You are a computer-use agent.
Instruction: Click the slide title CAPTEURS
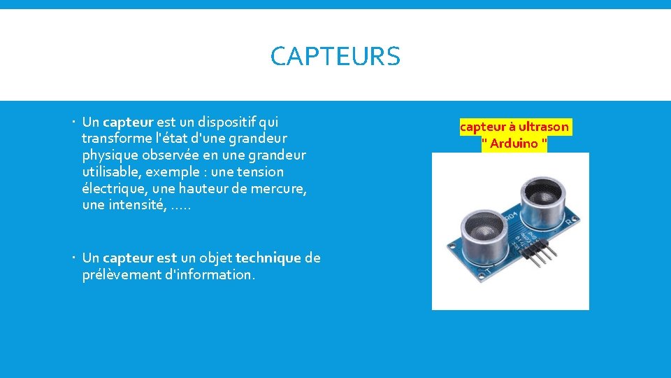click(x=335, y=56)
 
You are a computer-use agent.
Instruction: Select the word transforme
click(x=112, y=138)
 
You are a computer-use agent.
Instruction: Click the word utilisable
click(x=110, y=171)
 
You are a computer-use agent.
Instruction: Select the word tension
click(x=260, y=171)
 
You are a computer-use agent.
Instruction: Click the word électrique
click(x=112, y=188)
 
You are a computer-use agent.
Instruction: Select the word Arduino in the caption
click(x=514, y=143)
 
